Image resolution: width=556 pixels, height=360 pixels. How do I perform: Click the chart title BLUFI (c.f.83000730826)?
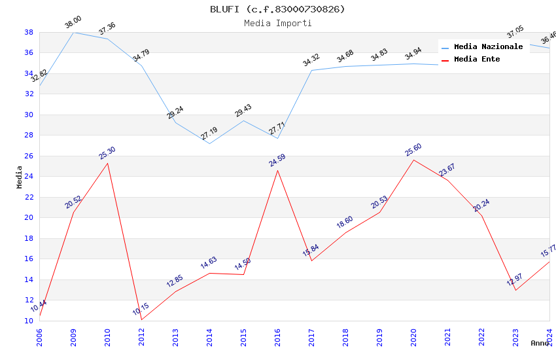(277, 9)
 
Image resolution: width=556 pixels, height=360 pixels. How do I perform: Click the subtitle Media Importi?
(277, 23)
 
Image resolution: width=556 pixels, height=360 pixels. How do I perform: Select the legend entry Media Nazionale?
(488, 46)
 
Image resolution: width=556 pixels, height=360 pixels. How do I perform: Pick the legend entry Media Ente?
(477, 59)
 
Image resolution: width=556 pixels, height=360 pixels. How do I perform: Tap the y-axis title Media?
(20, 177)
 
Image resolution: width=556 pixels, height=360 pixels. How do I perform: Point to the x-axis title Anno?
(540, 343)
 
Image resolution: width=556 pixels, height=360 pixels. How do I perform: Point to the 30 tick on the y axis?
(29, 115)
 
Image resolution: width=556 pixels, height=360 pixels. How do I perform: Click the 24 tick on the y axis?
(29, 177)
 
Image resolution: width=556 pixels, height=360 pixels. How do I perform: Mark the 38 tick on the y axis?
(29, 32)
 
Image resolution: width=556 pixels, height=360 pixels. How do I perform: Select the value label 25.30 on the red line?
(107, 153)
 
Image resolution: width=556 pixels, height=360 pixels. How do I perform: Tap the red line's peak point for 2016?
(277, 170)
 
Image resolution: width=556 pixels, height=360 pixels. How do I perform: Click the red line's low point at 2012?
(141, 319)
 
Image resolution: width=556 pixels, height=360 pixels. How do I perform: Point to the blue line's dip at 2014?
(209, 143)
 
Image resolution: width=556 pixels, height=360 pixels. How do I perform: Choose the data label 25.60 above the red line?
(413, 151)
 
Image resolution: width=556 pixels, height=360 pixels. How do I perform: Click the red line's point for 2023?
(515, 290)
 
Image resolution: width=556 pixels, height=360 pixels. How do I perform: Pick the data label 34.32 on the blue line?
(311, 61)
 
